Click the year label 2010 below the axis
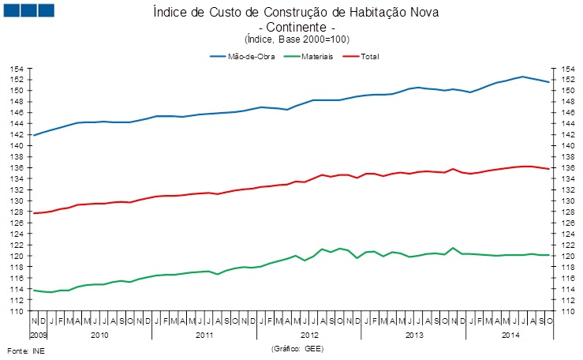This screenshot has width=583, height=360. pyautogui.click(x=99, y=336)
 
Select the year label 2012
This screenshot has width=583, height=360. pyautogui.click(x=309, y=336)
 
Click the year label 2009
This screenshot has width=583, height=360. pyautogui.click(x=38, y=336)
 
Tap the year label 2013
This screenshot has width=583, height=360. pyautogui.click(x=414, y=336)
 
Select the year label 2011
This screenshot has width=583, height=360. pyautogui.click(x=204, y=336)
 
